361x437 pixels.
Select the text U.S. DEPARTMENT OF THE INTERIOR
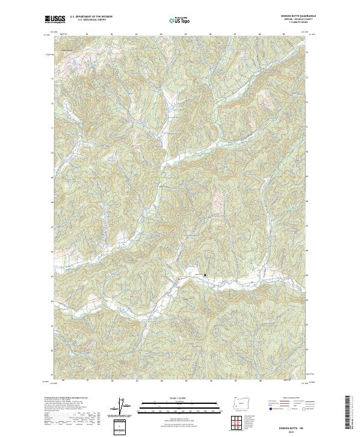[91, 17]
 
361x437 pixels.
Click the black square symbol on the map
[205, 275]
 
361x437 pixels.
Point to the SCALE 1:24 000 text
[174, 398]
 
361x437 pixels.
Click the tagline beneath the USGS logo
[54, 24]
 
